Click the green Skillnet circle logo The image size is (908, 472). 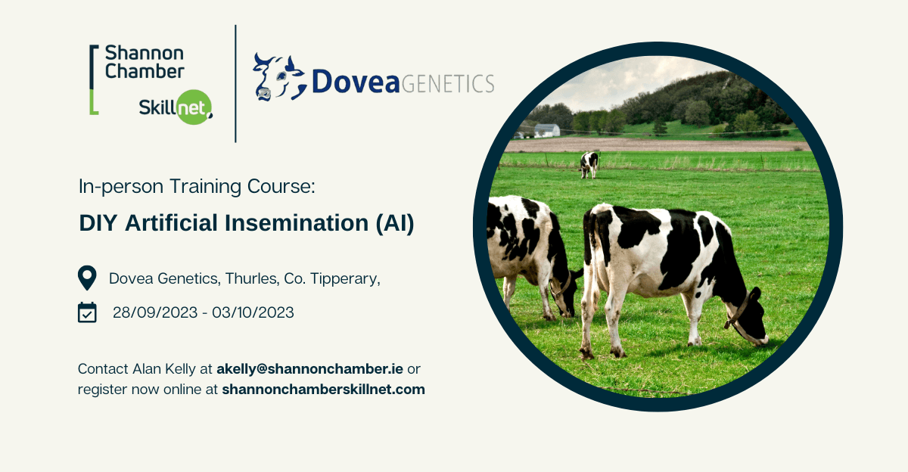pyautogui.click(x=194, y=107)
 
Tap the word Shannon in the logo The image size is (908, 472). pyautogui.click(x=145, y=53)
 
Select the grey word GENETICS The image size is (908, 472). pyautogui.click(x=448, y=84)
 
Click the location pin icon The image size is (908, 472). pyautogui.click(x=87, y=278)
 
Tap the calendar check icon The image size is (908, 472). pyautogui.click(x=87, y=312)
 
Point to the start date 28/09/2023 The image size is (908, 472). pyautogui.click(x=155, y=313)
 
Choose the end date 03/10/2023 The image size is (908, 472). pyautogui.click(x=253, y=313)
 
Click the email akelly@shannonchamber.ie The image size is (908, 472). pyautogui.click(x=309, y=368)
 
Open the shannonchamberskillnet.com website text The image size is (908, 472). pyautogui.click(x=324, y=389)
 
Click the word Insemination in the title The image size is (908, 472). pyautogui.click(x=297, y=223)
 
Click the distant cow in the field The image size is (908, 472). pyautogui.click(x=589, y=164)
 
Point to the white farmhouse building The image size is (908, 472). pyautogui.click(x=547, y=130)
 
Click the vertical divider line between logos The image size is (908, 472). pyautogui.click(x=235, y=83)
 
